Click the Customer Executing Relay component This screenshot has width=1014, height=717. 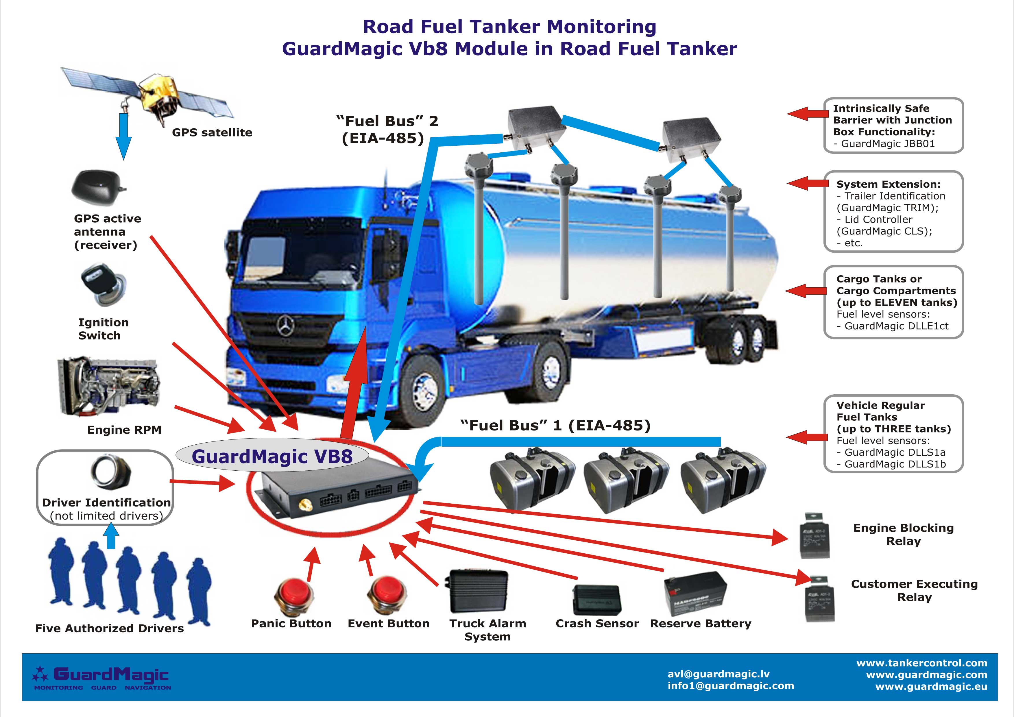(x=819, y=599)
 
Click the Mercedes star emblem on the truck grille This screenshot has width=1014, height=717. (x=285, y=327)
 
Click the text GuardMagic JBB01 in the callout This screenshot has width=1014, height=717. (x=888, y=143)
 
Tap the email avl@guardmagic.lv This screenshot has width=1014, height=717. (x=719, y=674)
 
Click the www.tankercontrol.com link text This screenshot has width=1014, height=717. (x=922, y=663)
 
